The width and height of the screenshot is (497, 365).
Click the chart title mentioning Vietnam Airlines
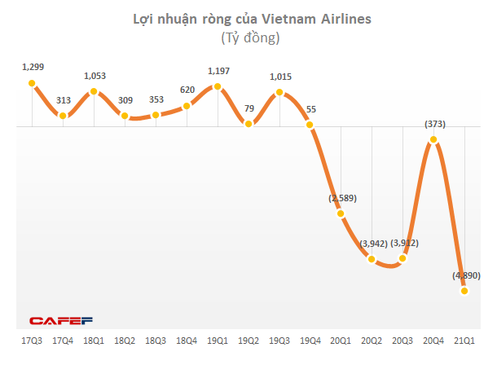coord(249,18)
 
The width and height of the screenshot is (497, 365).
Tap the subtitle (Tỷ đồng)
coord(249,37)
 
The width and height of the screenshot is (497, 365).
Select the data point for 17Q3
coord(32,83)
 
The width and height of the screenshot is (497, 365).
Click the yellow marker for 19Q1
coord(218,86)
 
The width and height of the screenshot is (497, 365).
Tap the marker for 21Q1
coord(464,291)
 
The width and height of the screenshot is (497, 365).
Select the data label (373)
coord(435,124)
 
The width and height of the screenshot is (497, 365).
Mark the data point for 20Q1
coord(341,213)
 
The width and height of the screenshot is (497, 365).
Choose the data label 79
coord(248,108)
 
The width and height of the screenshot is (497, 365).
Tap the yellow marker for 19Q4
coord(310,125)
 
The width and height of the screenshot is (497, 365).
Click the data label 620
coord(187,90)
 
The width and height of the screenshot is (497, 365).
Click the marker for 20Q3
coord(402,260)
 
